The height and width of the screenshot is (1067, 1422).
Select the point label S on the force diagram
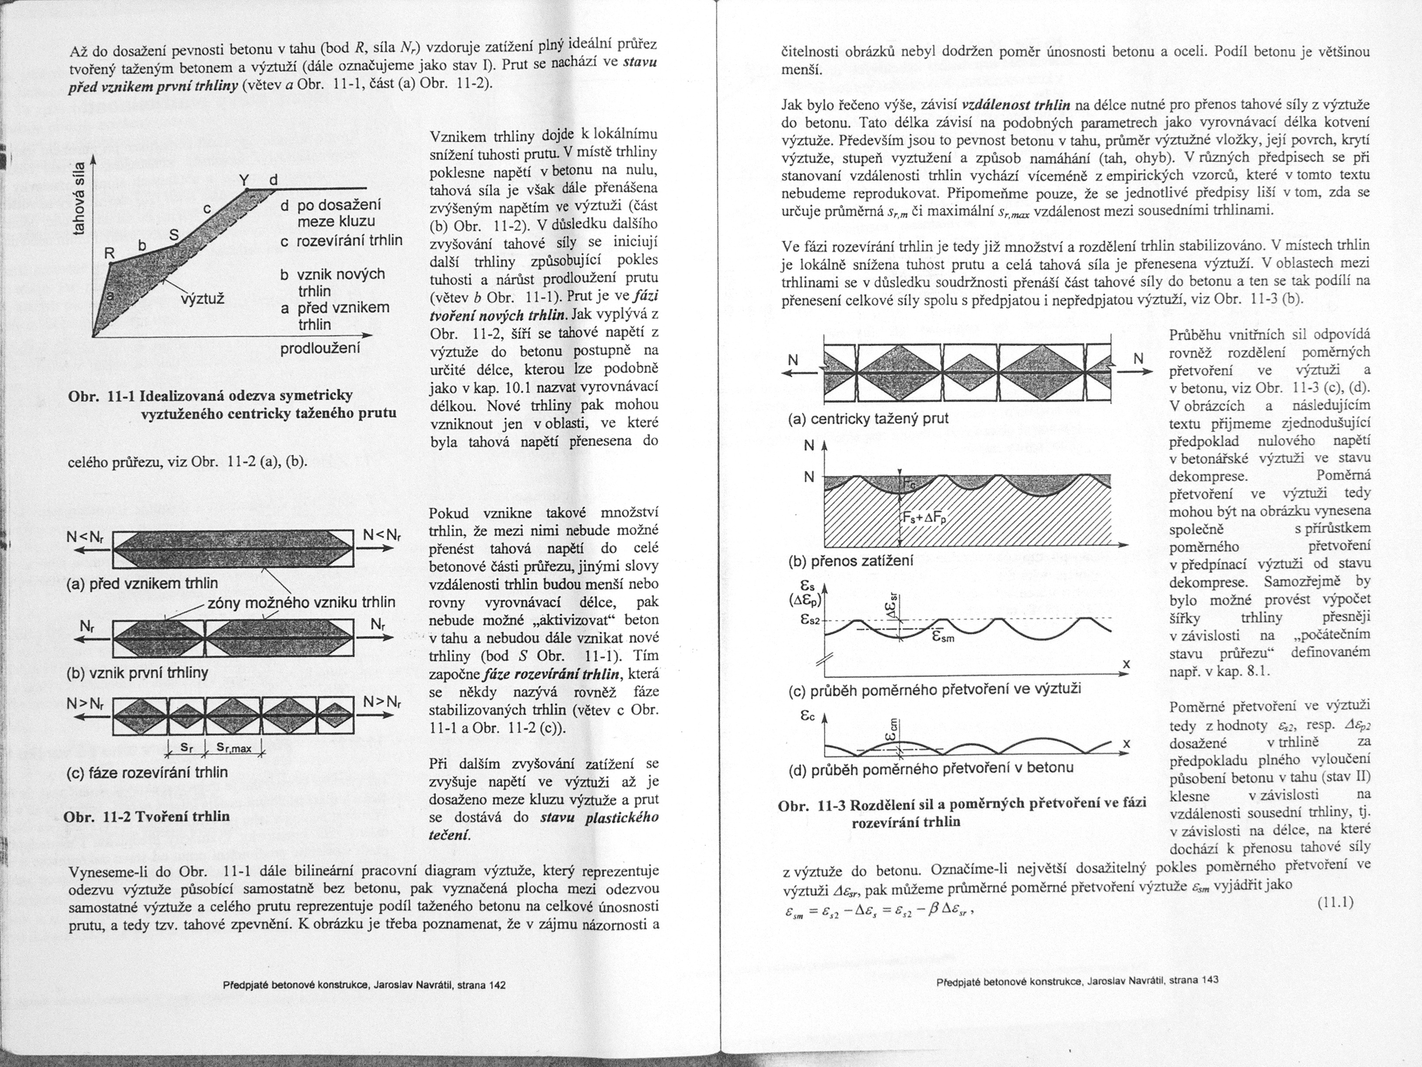click(173, 235)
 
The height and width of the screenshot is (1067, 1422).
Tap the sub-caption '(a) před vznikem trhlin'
click(142, 583)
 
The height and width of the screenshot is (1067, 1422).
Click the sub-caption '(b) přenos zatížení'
click(850, 560)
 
